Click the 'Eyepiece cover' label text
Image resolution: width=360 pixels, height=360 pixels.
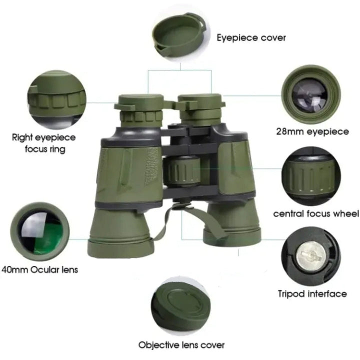251,37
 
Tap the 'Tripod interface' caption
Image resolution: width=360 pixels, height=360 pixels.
312,293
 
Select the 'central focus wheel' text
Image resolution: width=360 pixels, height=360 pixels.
316,213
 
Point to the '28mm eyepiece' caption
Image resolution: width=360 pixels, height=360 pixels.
312,131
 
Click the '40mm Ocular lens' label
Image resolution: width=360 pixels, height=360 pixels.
39,269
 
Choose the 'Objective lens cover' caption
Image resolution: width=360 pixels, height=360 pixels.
181,345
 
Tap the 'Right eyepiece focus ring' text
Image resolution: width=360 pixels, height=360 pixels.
44,143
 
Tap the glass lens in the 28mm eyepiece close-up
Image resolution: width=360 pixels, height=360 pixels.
309,95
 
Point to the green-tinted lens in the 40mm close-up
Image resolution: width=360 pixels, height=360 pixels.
40,231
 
